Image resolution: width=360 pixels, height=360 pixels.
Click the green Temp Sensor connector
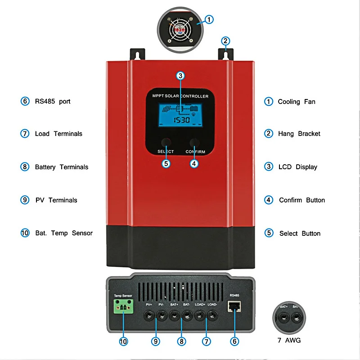[122, 310]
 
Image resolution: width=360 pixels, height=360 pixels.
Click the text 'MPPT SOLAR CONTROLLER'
[180, 96]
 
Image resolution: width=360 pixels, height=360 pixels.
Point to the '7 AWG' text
[289, 340]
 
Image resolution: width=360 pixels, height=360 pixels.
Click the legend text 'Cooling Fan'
[296, 102]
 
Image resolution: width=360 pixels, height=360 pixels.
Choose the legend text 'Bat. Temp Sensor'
[63, 233]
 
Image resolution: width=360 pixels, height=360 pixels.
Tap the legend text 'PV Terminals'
[56, 200]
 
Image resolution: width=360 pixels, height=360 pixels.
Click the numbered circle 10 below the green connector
[123, 342]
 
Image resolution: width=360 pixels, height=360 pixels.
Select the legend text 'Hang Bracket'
[299, 134]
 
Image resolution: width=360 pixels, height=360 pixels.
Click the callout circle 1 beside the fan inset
[210, 19]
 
